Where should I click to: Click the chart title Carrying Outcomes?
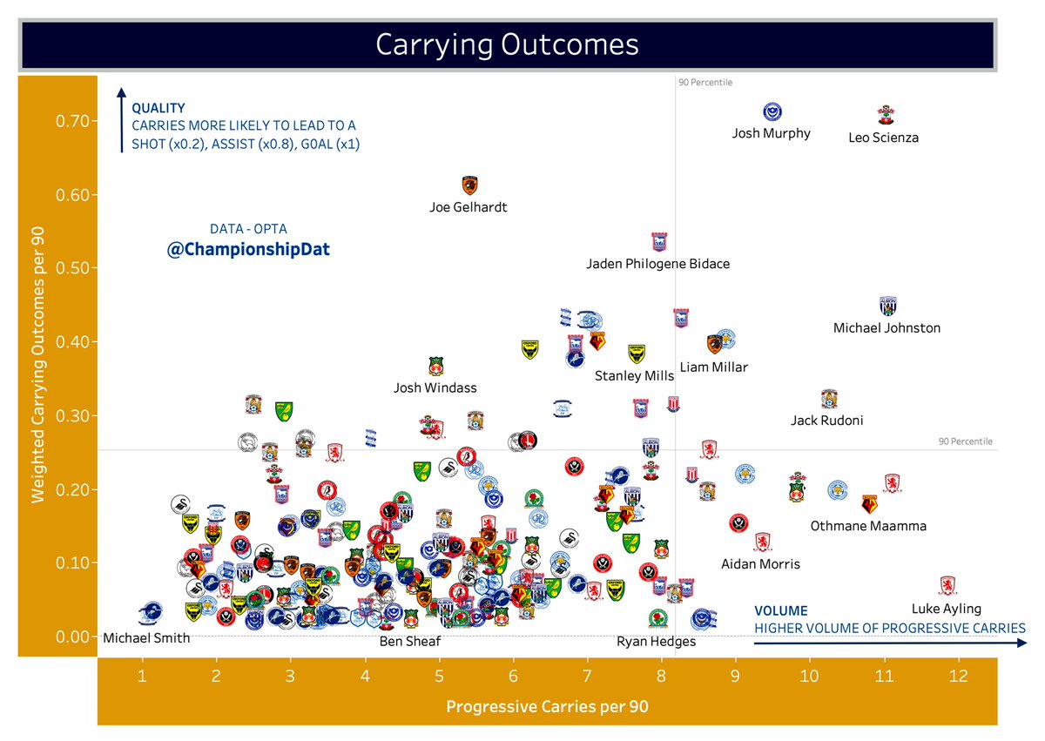pos(507,45)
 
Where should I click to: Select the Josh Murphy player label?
pos(772,133)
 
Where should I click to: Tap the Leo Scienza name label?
pos(883,138)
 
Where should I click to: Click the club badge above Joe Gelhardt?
pos(469,185)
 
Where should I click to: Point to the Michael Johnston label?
pos(887,328)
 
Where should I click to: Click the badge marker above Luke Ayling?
pos(947,585)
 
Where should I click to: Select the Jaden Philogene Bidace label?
pos(657,263)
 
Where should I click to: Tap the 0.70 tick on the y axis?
pos(76,120)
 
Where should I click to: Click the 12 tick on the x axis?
pos(959,676)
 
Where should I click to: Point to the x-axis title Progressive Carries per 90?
pos(547,707)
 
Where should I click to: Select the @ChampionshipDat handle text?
pos(248,250)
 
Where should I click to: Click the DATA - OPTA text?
pos(248,229)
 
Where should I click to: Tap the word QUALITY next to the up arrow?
pos(158,109)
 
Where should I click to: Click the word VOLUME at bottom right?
pos(780,611)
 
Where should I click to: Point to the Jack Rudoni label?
pos(826,421)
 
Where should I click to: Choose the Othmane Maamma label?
pos(868,526)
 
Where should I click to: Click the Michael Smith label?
pos(146,637)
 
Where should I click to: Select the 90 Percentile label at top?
pos(705,83)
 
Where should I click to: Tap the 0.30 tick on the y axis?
pos(76,415)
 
